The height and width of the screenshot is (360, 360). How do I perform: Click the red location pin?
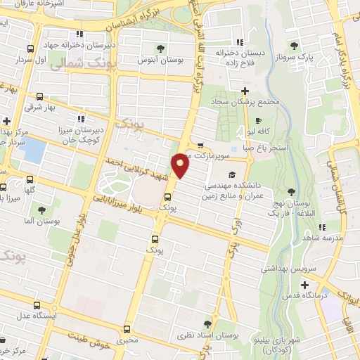coord(181,165)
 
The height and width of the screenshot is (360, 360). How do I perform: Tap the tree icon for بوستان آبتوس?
coord(162,49)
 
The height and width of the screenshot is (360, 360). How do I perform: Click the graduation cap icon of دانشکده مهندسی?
coord(232,175)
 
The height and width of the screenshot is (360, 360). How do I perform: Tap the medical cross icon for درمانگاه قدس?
coord(304,285)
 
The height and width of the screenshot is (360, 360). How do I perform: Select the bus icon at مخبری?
coord(127,329)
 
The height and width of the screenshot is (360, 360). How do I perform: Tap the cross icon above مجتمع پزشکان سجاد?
coord(245,91)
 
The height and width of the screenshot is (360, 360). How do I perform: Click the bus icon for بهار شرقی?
coord(39,96)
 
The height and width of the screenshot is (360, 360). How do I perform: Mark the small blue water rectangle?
coord(33,151)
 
